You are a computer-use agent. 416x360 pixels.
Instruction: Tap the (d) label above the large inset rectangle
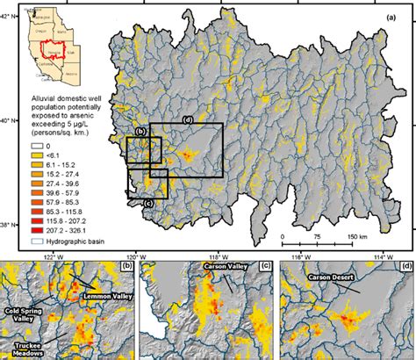click(187, 118)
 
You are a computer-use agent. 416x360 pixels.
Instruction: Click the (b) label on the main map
click(140, 132)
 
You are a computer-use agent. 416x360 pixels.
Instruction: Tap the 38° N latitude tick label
click(8, 226)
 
